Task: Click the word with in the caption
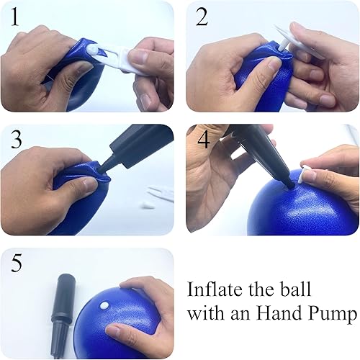pyautogui.click(x=203, y=314)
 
